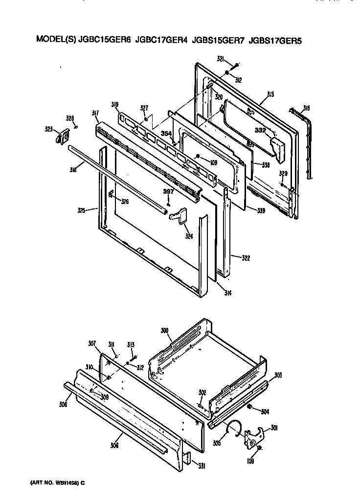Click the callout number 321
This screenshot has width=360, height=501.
[x=221, y=59]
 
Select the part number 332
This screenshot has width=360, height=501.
[x=260, y=130]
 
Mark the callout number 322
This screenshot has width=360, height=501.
[x=238, y=256]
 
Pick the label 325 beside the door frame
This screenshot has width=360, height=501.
[x=81, y=210]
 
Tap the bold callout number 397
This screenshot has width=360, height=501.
[x=168, y=192]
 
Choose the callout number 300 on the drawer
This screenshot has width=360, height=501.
[x=165, y=332]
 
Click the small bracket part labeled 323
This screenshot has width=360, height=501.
[x=61, y=137]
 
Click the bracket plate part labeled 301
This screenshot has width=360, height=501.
[x=254, y=435]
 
